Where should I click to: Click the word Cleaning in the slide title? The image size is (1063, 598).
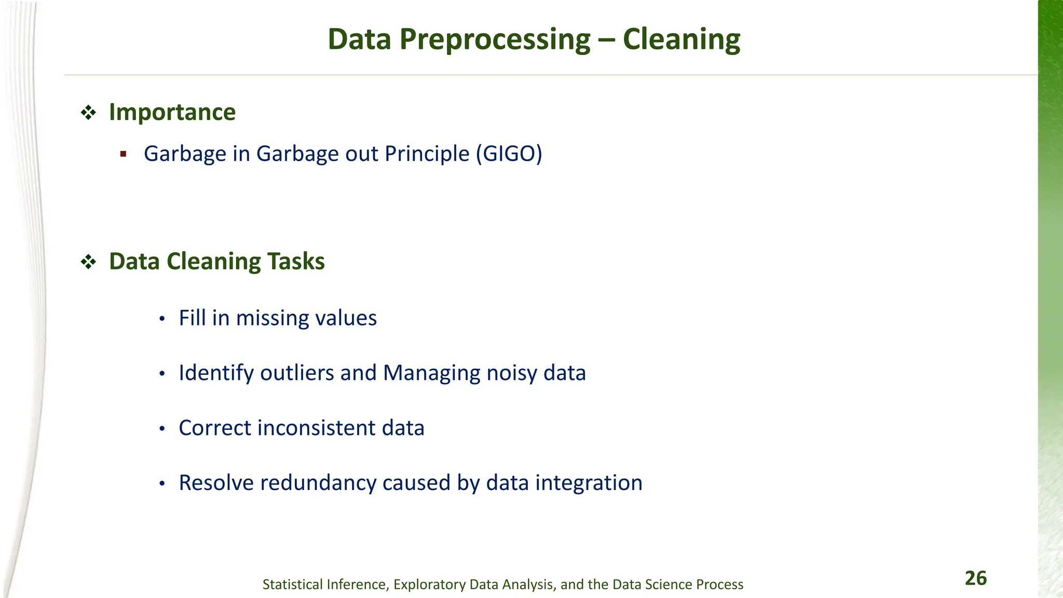point(681,39)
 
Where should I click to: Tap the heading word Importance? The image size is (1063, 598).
point(172,112)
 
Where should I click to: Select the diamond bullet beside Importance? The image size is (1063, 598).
point(88,113)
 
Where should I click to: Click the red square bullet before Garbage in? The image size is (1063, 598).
point(123,154)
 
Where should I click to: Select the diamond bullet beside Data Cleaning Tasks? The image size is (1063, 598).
point(88,262)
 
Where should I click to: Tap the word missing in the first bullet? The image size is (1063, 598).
point(271,318)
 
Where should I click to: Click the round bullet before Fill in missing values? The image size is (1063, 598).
point(162,319)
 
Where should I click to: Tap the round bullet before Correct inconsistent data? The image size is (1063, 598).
point(162,429)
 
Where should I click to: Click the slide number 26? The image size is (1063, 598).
point(975,578)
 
